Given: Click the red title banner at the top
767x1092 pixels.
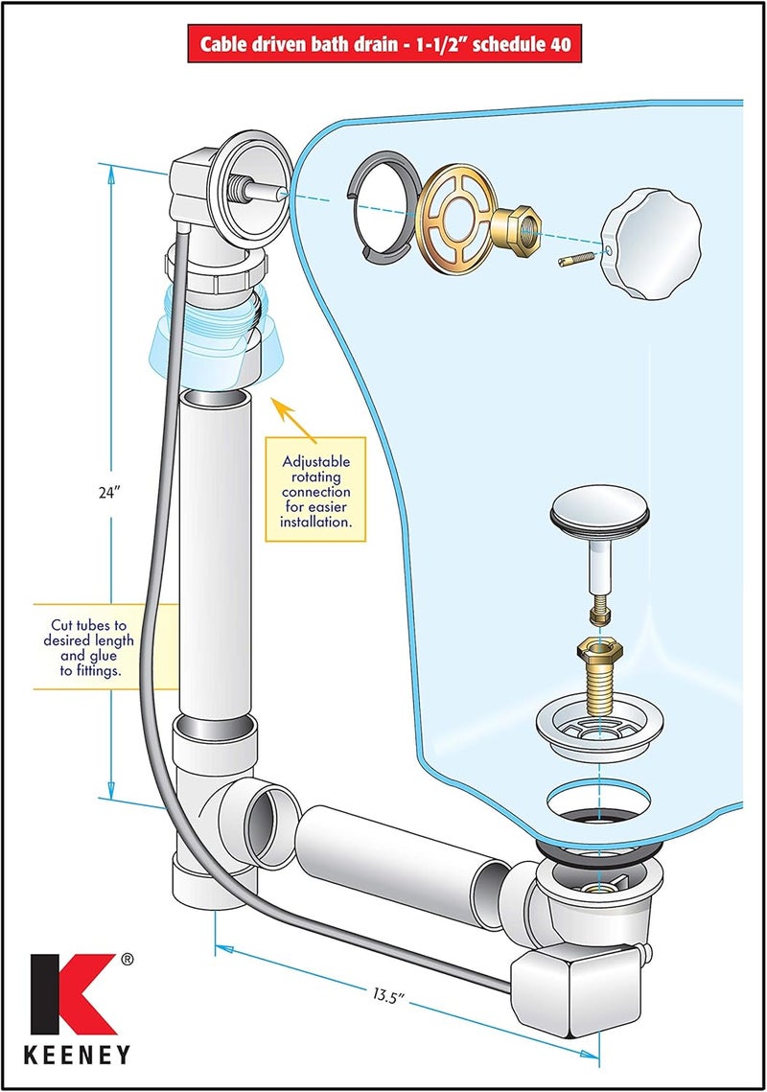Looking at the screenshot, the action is click(x=384, y=44).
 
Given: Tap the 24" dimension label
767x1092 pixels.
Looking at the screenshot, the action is click(x=109, y=493).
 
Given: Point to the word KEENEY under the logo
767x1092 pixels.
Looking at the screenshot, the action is click(x=78, y=1055).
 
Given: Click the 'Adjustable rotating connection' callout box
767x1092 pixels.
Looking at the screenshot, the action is click(x=315, y=490).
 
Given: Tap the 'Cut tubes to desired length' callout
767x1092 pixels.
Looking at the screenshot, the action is click(x=88, y=648).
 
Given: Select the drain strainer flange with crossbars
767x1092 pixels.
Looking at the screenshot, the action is click(x=600, y=730).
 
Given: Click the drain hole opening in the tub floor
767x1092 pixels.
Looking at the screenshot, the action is click(x=599, y=800).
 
